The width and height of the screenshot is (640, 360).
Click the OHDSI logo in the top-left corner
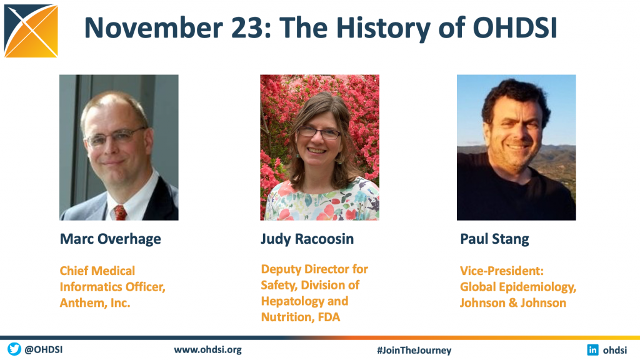click(x=31, y=31)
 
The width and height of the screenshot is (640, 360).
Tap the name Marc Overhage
click(x=110, y=239)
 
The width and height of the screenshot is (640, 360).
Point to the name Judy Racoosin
click(x=307, y=239)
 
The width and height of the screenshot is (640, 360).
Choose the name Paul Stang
click(x=494, y=239)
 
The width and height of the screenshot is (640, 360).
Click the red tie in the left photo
click(x=120, y=212)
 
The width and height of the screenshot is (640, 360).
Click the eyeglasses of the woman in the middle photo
click(x=319, y=132)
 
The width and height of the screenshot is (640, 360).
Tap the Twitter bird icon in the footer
click(x=14, y=349)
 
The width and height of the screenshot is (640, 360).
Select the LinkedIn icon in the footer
click(x=592, y=350)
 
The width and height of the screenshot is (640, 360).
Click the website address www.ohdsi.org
click(x=207, y=350)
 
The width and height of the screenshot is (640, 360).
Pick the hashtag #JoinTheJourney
click(x=414, y=350)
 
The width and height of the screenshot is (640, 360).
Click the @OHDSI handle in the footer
click(x=43, y=350)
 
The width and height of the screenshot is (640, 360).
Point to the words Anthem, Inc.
click(x=95, y=303)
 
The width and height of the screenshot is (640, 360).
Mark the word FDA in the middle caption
click(x=329, y=317)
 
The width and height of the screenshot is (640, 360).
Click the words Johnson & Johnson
click(x=512, y=303)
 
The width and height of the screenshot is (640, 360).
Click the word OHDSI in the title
click(x=515, y=27)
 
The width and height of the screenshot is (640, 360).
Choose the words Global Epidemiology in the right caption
click(x=518, y=287)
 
